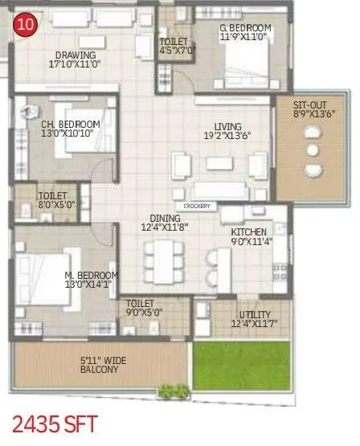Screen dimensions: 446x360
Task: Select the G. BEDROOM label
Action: tap(246, 28)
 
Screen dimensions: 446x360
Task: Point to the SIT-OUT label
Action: tap(309, 105)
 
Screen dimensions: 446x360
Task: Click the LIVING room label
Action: tap(227, 126)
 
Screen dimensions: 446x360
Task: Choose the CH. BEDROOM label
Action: tap(71, 124)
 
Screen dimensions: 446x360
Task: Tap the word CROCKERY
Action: tap(198, 207)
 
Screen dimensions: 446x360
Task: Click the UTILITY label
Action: tap(255, 314)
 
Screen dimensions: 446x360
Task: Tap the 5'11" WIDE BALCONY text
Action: tap(99, 365)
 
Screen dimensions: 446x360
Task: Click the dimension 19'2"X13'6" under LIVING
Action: tap(227, 136)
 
